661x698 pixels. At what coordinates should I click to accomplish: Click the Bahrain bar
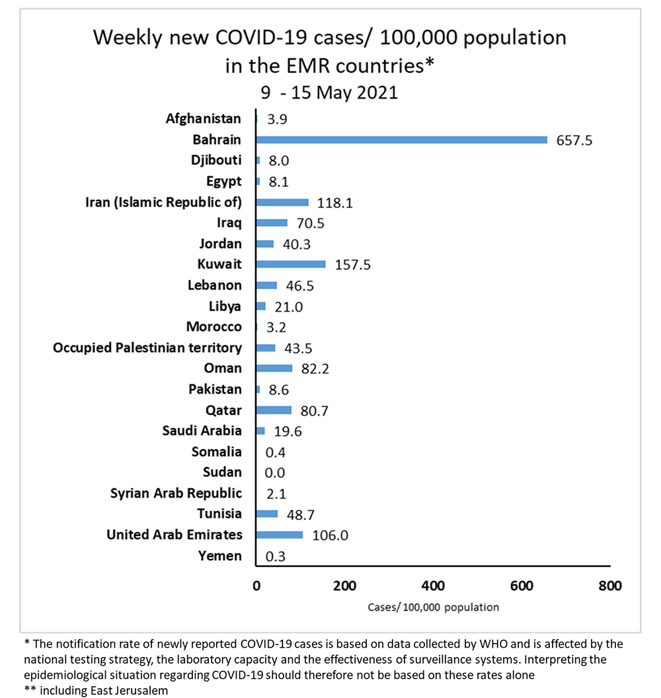point(401,140)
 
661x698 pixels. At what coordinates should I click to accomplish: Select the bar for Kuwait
point(291,264)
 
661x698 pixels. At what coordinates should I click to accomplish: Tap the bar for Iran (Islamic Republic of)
point(282,202)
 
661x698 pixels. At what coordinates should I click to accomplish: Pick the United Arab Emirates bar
point(280,535)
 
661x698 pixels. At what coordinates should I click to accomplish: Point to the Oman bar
point(274,368)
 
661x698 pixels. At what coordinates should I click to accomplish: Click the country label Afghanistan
point(204,119)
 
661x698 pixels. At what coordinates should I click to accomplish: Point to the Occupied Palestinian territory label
point(147,347)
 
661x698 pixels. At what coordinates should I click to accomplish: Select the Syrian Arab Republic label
point(176,493)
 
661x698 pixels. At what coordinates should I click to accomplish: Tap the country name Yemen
point(220,556)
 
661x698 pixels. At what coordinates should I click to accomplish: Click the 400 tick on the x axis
point(433,586)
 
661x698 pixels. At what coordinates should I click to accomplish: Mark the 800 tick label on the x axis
point(609,586)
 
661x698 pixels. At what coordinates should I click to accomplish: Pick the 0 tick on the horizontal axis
point(256,586)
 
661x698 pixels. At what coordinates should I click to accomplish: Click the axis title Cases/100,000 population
point(433,607)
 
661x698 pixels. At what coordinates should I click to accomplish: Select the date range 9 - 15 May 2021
point(329,92)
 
